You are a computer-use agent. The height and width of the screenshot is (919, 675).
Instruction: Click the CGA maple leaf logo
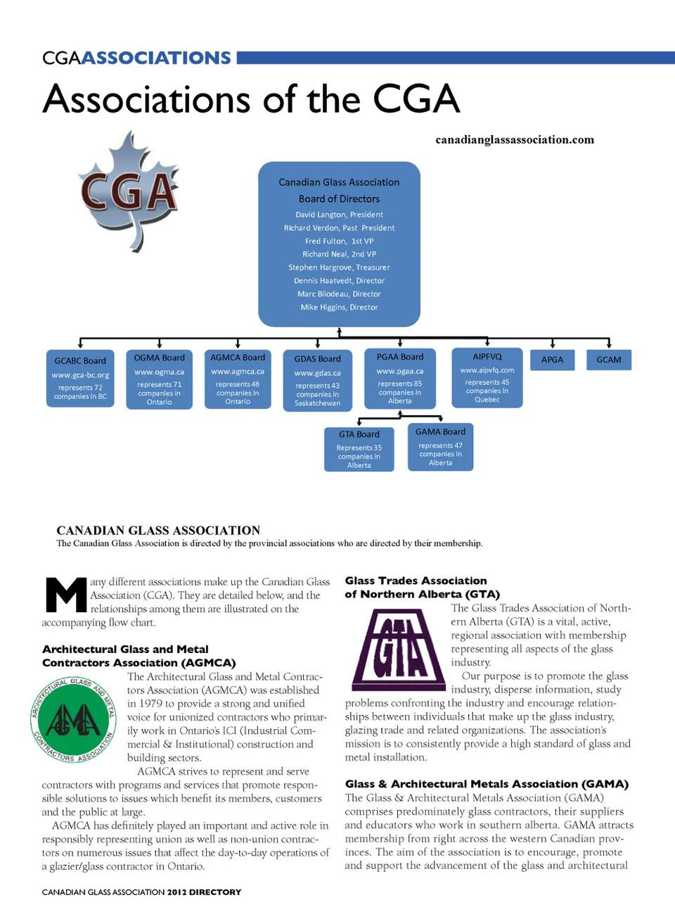coord(129,191)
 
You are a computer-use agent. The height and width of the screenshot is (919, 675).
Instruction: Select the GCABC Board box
coord(80,379)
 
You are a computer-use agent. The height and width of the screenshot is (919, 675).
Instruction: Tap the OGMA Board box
coord(159,379)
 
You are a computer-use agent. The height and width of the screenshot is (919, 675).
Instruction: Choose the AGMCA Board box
coord(238,379)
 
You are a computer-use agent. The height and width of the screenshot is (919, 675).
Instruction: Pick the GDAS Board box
coord(317,380)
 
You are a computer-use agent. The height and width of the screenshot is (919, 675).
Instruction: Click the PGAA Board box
coord(400,378)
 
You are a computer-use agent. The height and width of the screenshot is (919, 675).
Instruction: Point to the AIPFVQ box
coord(487,377)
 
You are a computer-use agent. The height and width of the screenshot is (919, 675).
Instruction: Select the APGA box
coord(552,360)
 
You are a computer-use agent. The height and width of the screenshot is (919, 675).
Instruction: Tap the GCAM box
coord(609,360)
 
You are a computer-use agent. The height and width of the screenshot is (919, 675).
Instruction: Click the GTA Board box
coord(359,449)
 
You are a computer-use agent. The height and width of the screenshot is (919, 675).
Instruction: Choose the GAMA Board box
coord(440,447)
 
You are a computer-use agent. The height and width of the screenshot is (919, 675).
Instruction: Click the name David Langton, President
coord(339,215)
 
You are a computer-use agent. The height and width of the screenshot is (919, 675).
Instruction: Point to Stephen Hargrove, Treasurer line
coord(339,267)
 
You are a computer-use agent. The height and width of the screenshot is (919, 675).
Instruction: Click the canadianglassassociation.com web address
coord(515,139)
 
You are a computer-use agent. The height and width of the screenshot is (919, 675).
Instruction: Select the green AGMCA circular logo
coord(74,720)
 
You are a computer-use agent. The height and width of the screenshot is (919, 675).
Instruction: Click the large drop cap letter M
coord(65,595)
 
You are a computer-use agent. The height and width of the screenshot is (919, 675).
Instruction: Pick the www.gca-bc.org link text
coord(80,375)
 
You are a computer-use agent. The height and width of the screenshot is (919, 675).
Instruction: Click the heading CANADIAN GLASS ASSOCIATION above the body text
coord(158,531)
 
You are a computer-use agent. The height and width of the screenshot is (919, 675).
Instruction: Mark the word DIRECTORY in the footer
coord(214,892)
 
